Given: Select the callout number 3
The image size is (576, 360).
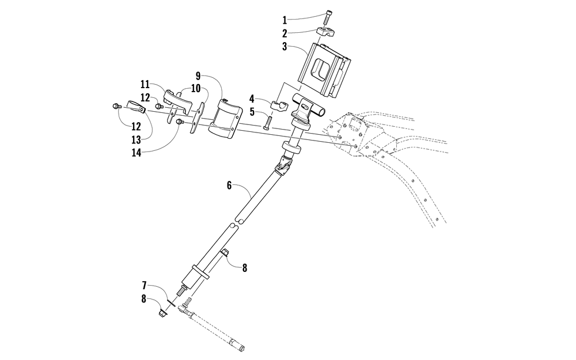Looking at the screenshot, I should tap(285, 47).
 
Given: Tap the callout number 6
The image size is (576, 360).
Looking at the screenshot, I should tap(229, 185).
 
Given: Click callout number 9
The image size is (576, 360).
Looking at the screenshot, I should tap(198, 75).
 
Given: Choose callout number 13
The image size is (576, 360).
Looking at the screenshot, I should tap(135, 140).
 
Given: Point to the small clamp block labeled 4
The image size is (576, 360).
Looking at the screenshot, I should tap(279, 105).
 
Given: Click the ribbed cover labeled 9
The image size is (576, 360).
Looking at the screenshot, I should tap(226, 119).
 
